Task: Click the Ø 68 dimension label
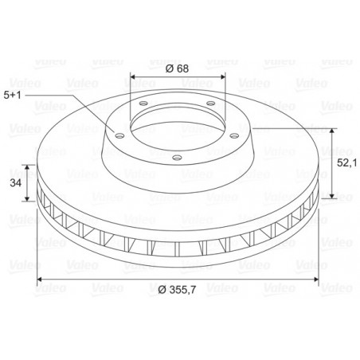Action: click(x=177, y=68)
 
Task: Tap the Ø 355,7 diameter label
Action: click(x=177, y=289)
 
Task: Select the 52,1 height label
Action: click(x=347, y=163)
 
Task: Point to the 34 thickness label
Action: click(x=16, y=182)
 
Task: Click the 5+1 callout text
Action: click(x=12, y=95)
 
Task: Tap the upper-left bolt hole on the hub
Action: click(x=143, y=103)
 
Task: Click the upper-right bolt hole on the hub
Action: click(x=211, y=103)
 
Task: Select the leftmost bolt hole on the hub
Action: click(x=120, y=136)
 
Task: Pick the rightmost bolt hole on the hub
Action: click(x=234, y=136)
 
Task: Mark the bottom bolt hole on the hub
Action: click(x=177, y=158)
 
